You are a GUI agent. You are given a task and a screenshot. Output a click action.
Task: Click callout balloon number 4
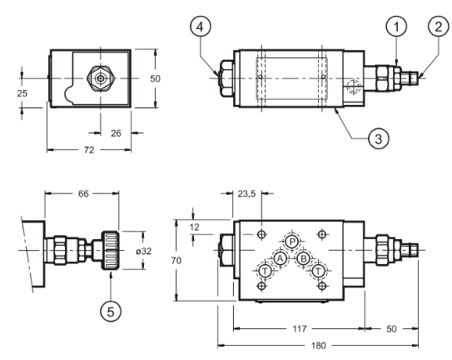pyautogui.click(x=201, y=27)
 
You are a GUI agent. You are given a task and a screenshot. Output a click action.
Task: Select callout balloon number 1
pyautogui.click(x=396, y=27)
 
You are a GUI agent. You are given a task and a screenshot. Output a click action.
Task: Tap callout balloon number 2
pyautogui.click(x=439, y=27)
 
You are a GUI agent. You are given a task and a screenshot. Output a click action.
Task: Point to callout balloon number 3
pyautogui.click(x=379, y=138)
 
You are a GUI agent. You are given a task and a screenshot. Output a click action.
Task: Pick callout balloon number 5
pyautogui.click(x=111, y=311)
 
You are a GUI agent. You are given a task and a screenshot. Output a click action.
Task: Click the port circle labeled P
pyautogui.click(x=292, y=242)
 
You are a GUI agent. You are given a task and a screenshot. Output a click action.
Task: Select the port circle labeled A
pyautogui.click(x=280, y=258)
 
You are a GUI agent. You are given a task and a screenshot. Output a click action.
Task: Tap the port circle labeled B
pyautogui.click(x=303, y=258)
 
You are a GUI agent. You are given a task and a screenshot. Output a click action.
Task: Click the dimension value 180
pyautogui.click(x=318, y=346)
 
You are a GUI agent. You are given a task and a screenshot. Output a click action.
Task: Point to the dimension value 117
pyautogui.click(x=300, y=329)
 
